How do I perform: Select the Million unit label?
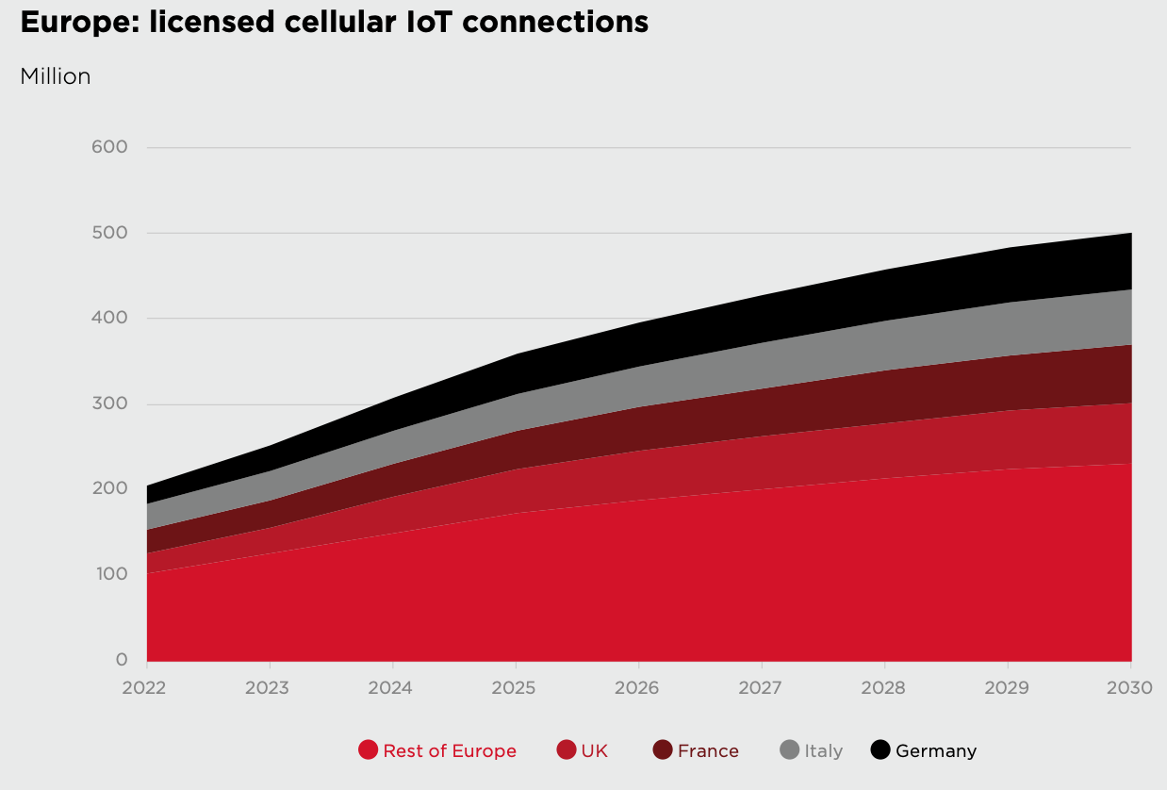pyautogui.click(x=56, y=77)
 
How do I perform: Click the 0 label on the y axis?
pyautogui.click(x=123, y=660)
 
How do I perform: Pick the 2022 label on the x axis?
pyautogui.click(x=144, y=688)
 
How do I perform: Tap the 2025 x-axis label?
pyautogui.click(x=515, y=688)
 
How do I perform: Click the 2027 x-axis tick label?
pyautogui.click(x=761, y=688)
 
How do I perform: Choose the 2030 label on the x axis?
pyautogui.click(x=1129, y=688)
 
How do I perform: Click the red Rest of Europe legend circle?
pyautogui.click(x=369, y=750)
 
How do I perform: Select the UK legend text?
pyautogui.click(x=594, y=751)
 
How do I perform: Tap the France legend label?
pyautogui.click(x=708, y=751)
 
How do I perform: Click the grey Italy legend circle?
pyautogui.click(x=790, y=750)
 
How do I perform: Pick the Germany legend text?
pyautogui.click(x=935, y=751)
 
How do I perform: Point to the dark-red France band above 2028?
pyautogui.click(x=884, y=397)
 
